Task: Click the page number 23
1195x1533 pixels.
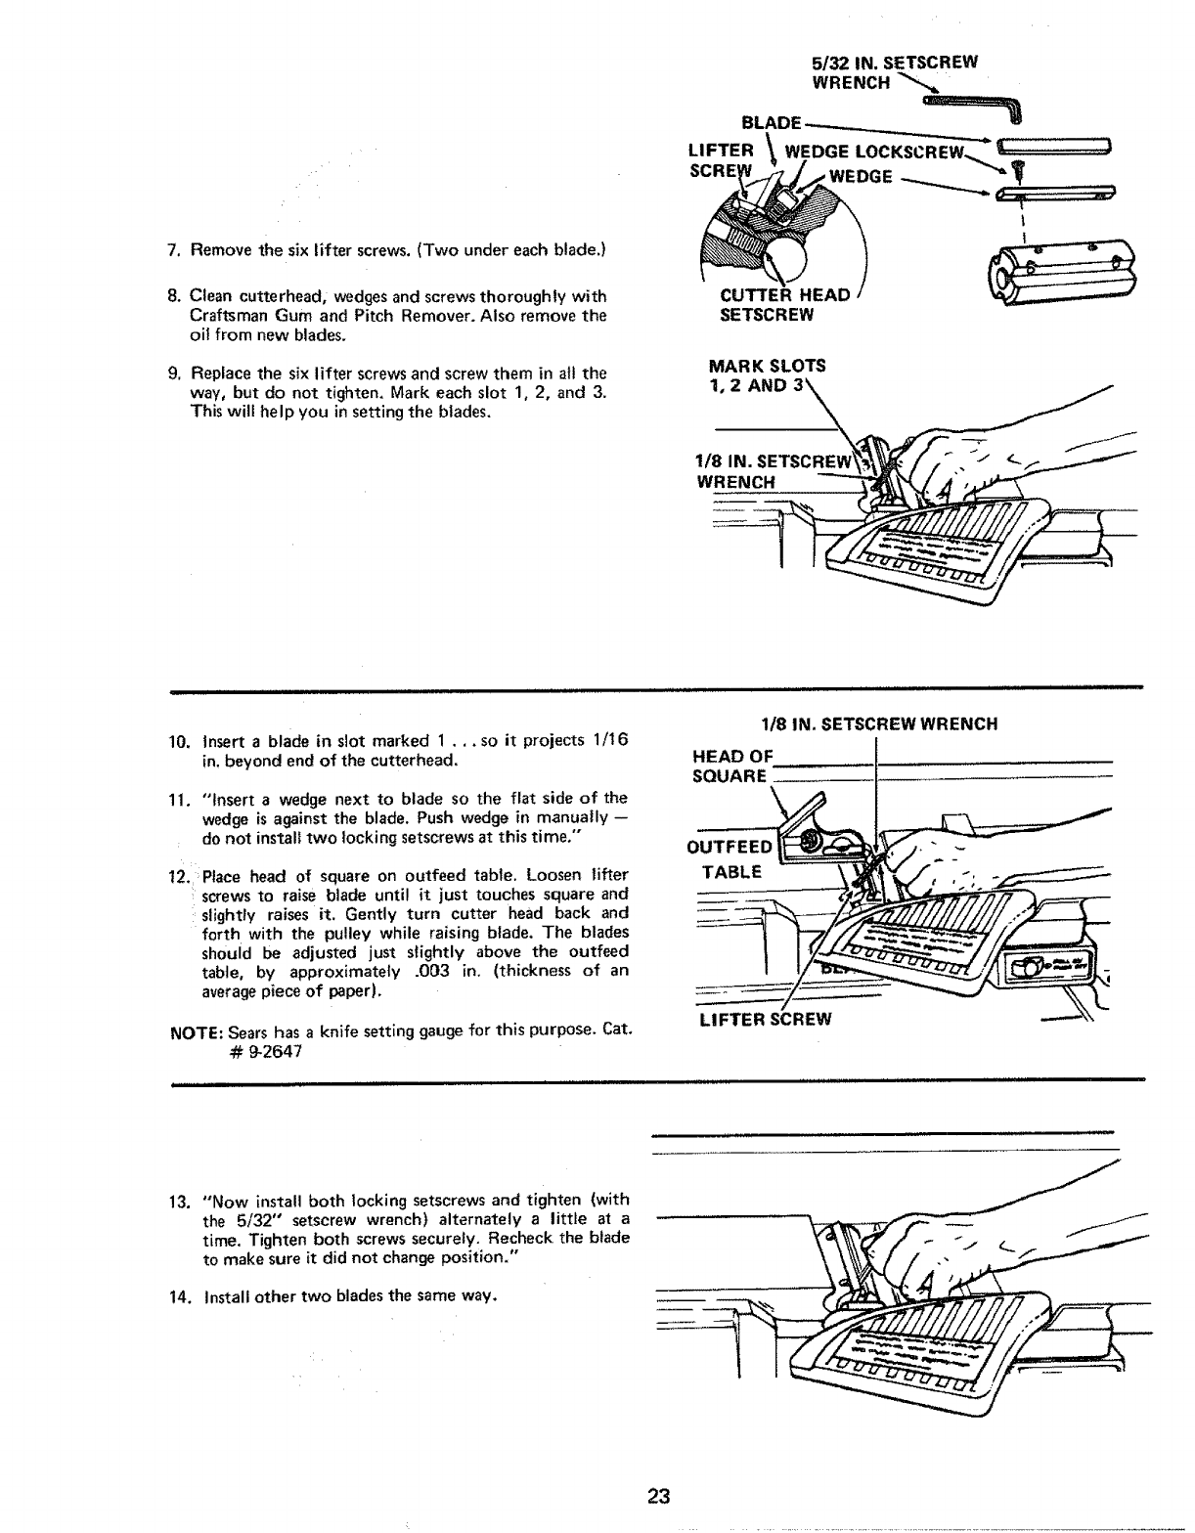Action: [x=657, y=1496]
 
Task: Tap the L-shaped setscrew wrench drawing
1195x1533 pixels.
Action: [x=977, y=104]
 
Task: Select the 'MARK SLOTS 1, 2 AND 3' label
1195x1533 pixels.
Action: [x=768, y=374]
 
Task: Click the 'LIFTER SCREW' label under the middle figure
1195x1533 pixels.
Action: [x=766, y=1020]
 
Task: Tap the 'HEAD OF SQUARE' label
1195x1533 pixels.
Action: [x=732, y=766]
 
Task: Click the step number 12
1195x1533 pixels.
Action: [x=177, y=875]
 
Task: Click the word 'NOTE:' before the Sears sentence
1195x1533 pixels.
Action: [x=195, y=1033]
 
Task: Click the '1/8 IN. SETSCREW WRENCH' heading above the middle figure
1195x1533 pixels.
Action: [x=879, y=724]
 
